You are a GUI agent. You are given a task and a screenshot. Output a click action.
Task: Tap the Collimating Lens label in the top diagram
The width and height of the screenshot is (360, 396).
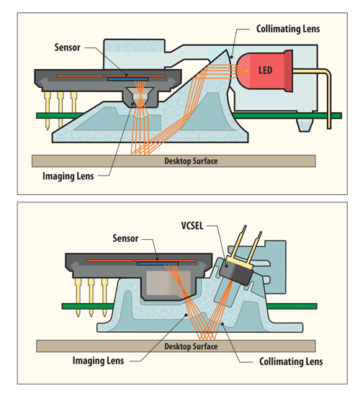288,29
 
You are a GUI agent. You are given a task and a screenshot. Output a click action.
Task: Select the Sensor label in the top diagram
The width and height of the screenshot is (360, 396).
67,48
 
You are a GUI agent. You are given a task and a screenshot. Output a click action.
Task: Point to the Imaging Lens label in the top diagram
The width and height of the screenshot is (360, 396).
68,176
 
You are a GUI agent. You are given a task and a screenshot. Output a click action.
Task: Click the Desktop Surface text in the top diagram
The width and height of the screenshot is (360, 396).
191,161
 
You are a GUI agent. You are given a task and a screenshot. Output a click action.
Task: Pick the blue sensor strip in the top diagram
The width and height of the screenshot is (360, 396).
127,79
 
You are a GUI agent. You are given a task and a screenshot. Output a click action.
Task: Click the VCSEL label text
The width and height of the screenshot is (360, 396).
192,225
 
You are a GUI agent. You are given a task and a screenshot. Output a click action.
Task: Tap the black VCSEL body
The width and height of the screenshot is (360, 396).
236,272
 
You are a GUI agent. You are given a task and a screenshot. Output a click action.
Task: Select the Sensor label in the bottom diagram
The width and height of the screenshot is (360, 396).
125,238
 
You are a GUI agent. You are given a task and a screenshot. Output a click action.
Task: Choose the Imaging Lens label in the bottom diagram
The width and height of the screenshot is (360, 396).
98,361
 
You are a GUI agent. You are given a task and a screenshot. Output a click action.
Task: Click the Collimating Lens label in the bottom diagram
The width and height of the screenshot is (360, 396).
291,361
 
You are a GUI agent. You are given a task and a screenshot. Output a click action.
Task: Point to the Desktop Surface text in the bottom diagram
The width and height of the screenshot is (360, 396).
191,346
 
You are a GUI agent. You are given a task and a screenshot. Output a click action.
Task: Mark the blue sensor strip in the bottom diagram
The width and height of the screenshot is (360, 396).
158,264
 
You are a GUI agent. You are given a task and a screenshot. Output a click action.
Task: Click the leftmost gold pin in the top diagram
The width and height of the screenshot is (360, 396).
48,110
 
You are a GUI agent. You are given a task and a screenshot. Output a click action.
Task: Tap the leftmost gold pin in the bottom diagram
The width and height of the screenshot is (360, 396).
78,297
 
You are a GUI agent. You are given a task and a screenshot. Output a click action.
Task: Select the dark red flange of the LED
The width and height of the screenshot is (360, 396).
289,71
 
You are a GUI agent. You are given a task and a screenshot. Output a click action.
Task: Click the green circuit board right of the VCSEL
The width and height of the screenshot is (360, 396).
292,306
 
